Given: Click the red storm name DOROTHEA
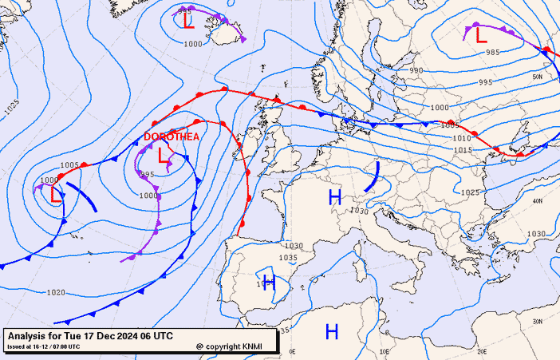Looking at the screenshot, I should [x=172, y=136].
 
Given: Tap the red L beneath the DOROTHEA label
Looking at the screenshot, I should [x=164, y=156].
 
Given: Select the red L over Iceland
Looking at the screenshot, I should [x=187, y=20].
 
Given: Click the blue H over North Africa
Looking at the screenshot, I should [x=332, y=331].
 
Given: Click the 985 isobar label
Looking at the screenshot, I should [x=492, y=53].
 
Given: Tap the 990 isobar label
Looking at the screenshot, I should [x=416, y=70].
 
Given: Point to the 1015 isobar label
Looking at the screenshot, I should [x=463, y=150].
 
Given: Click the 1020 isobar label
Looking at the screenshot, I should [x=56, y=293].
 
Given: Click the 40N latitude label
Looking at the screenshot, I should [x=538, y=200].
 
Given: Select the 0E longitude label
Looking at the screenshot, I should [x=292, y=351].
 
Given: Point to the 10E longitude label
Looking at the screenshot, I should [x=386, y=351].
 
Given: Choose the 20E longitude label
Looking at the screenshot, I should [x=481, y=350].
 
